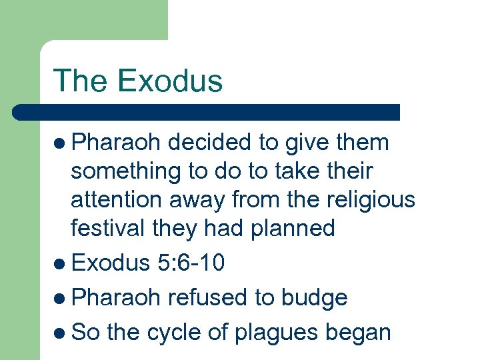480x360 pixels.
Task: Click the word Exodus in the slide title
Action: [x=170, y=81]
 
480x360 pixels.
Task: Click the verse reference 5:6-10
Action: [x=191, y=263]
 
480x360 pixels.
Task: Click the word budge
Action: [x=313, y=298]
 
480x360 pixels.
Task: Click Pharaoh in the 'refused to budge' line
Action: [x=117, y=297]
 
